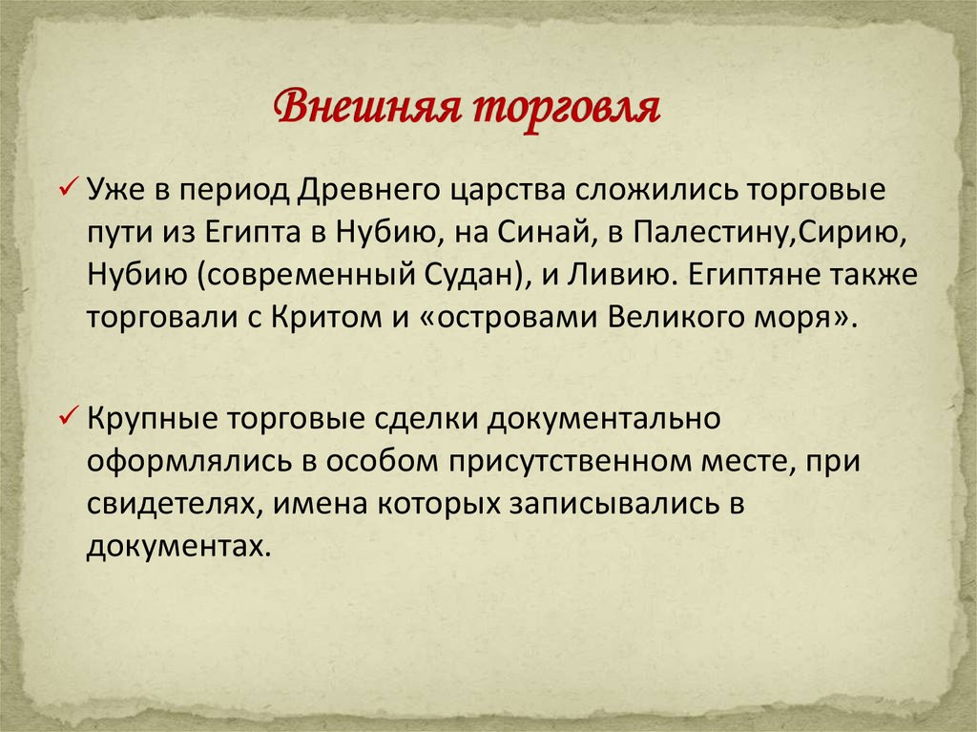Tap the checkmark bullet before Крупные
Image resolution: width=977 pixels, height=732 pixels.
(69, 417)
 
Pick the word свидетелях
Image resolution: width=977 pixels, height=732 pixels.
(171, 505)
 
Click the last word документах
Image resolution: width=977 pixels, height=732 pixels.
(173, 548)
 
